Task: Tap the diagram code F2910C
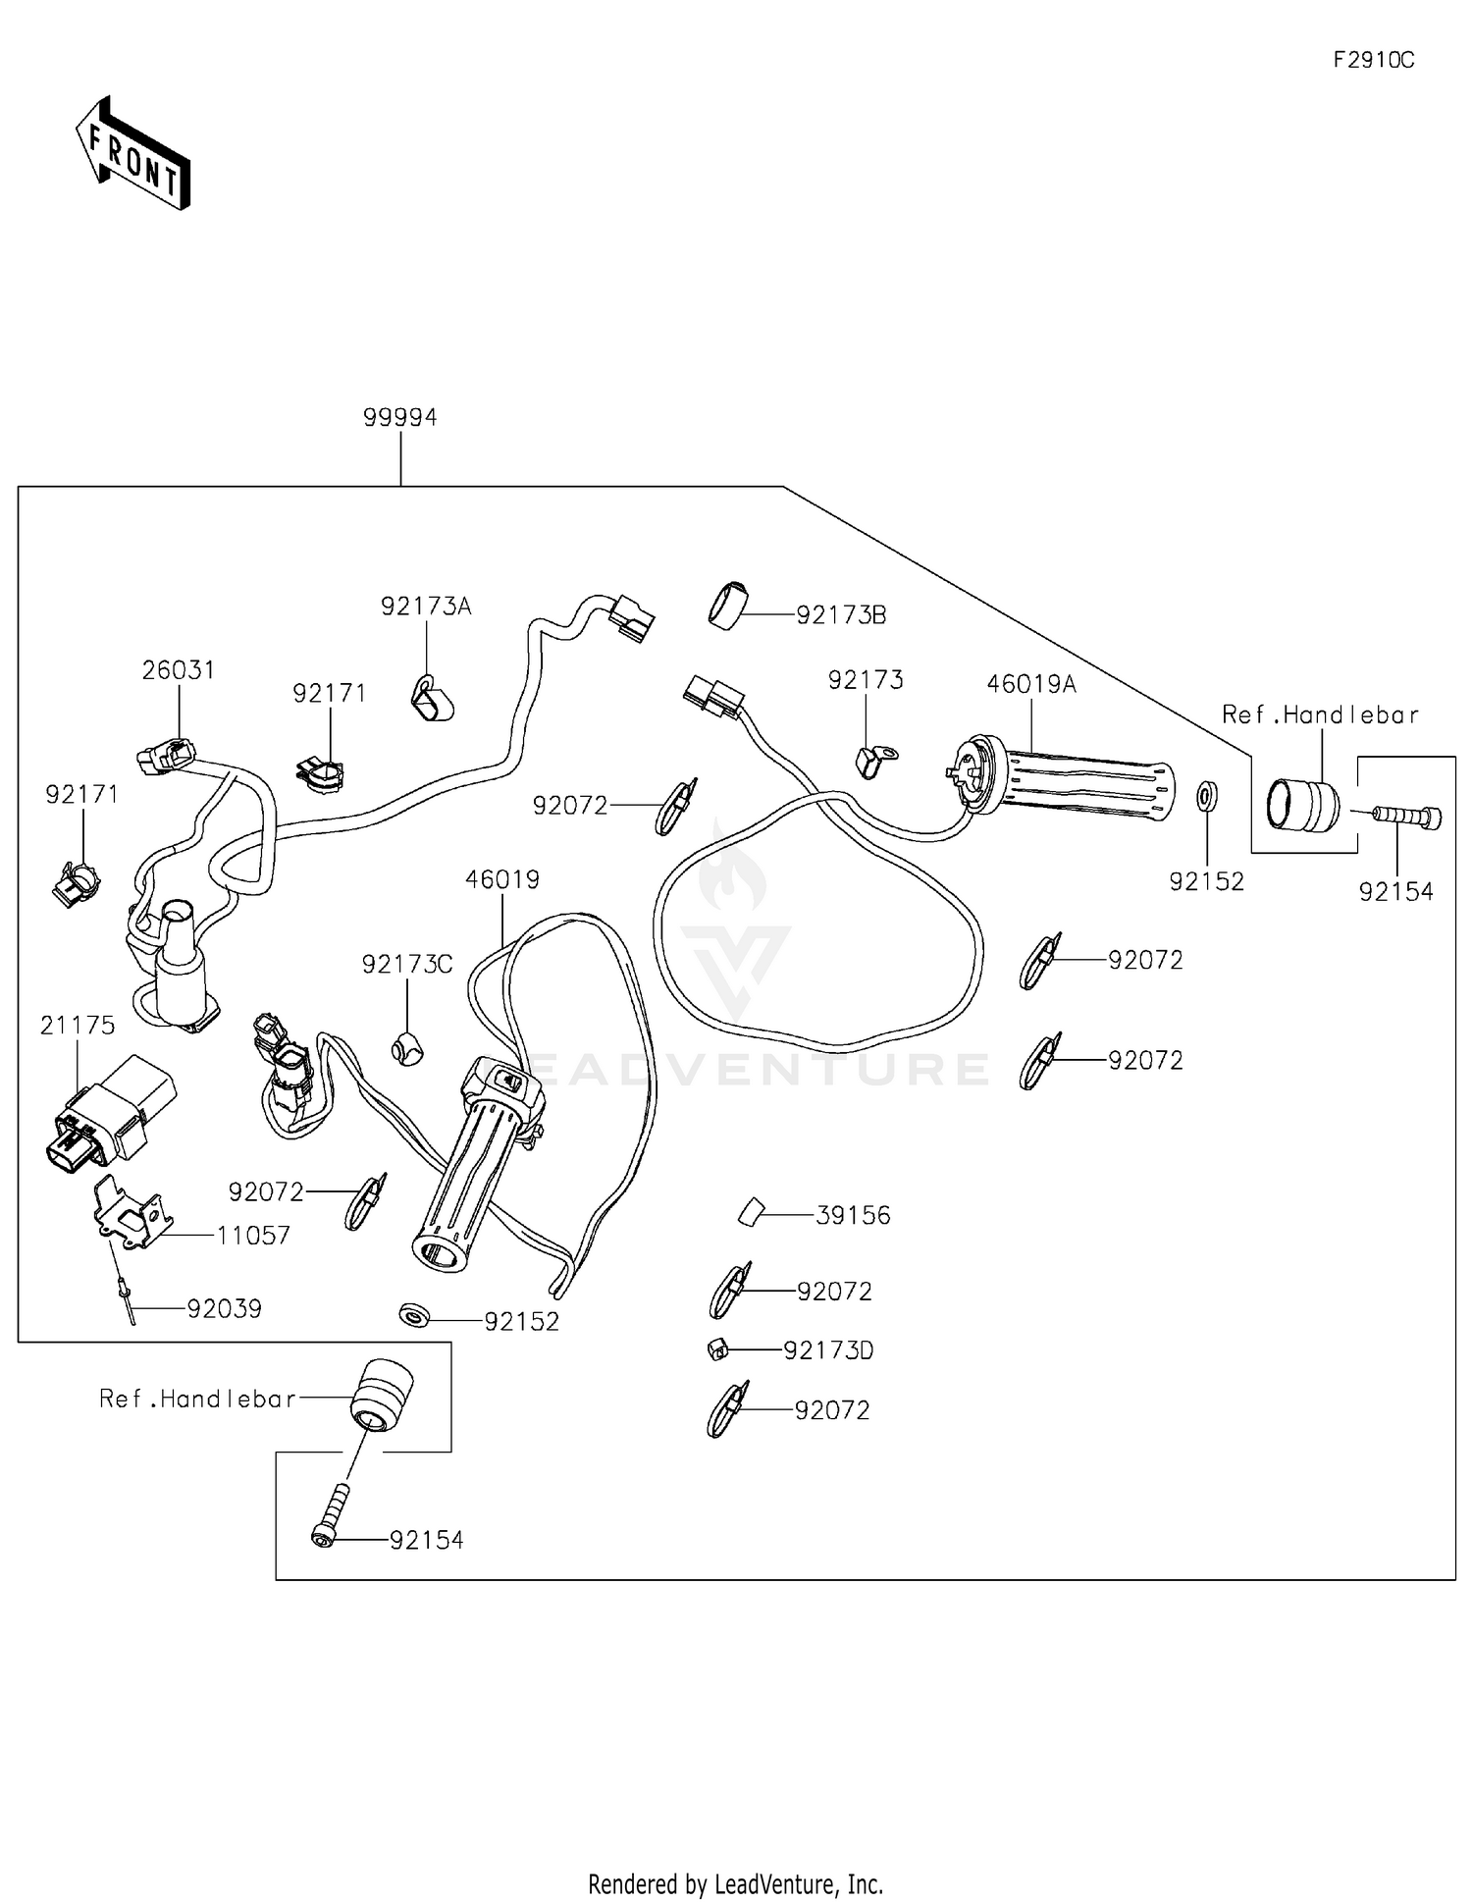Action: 1373,60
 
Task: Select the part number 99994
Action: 399,417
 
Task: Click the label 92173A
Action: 426,607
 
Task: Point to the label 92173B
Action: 841,615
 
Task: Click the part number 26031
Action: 178,670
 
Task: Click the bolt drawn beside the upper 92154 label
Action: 1408,816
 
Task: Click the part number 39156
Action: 853,1215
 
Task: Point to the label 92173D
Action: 828,1350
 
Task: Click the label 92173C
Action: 407,965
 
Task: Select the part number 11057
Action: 253,1236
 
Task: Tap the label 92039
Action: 225,1309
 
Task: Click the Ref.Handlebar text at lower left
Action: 197,1399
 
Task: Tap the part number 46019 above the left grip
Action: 502,879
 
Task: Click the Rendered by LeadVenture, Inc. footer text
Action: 735,1883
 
